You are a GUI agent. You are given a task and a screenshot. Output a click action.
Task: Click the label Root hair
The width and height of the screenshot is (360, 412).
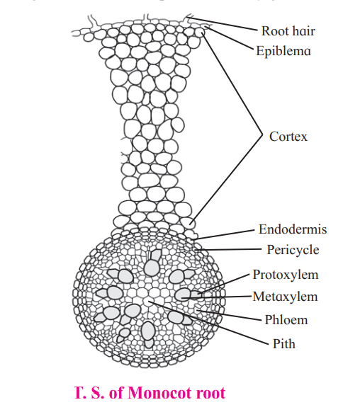288,31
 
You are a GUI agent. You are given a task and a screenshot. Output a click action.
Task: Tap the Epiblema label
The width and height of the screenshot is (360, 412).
283,51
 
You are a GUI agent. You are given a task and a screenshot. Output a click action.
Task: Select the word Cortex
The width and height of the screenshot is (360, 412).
288,137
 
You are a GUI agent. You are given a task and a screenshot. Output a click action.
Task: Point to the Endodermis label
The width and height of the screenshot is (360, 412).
293,229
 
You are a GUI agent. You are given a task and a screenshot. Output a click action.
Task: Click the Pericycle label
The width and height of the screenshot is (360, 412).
293,250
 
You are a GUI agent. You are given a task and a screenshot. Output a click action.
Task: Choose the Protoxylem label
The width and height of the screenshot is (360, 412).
286,275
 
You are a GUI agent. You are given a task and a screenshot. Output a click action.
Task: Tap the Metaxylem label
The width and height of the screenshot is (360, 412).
286,297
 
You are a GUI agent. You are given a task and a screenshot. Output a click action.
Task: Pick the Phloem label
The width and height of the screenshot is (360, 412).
286,320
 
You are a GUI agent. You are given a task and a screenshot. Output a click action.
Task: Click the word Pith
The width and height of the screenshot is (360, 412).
284,344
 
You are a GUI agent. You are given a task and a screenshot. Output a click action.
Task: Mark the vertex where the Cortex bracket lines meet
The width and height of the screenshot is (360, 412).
262,135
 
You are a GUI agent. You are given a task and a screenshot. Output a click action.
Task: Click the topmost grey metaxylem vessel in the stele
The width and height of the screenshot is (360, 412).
152,268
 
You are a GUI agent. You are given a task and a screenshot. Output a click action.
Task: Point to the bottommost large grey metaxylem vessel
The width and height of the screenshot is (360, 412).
148,331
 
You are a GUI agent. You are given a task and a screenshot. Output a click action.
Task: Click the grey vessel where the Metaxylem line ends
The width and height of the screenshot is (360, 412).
183,294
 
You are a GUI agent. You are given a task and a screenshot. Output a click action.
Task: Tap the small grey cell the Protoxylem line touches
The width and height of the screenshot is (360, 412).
196,294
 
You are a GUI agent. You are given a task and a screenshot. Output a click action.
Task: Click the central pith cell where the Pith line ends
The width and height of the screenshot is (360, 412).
147,301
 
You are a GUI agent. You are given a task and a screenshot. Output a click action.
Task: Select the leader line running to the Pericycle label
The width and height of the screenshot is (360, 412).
228,249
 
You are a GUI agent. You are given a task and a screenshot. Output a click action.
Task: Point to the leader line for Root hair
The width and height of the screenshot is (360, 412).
222,23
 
